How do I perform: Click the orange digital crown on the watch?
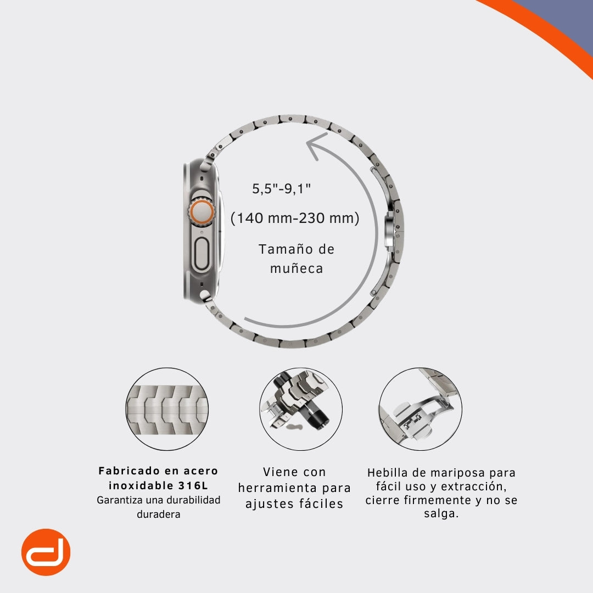click(x=202, y=212)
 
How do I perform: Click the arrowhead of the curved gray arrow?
click(x=316, y=146)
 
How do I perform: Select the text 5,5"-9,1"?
click(x=282, y=188)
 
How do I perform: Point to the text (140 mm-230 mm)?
click(x=295, y=218)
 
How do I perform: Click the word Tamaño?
click(x=281, y=249)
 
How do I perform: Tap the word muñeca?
click(x=296, y=268)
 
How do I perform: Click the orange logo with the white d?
click(x=46, y=552)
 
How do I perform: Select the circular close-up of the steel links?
click(x=167, y=409)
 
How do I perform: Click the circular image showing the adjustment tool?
click(x=301, y=409)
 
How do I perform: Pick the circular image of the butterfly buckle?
click(x=420, y=409)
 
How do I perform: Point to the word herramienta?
click(x=278, y=488)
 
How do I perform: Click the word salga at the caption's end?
click(x=439, y=514)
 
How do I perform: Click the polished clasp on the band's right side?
click(x=390, y=230)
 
